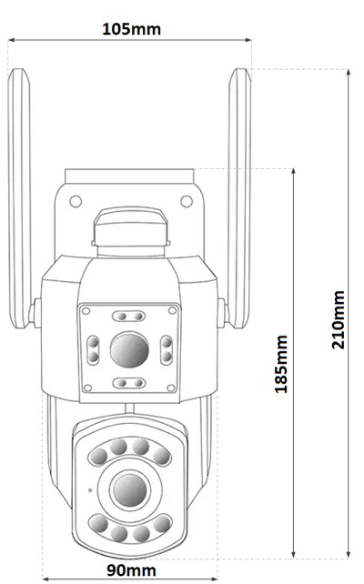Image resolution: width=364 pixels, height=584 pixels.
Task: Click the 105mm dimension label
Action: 132,29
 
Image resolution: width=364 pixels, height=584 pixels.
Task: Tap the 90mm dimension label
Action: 132,569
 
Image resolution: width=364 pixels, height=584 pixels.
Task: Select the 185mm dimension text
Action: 281,364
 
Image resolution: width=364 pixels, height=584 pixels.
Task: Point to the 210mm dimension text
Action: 339,319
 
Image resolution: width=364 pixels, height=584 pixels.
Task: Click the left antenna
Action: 19,198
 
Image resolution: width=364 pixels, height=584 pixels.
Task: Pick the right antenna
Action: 239,198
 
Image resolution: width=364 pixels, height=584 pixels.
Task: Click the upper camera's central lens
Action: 129,349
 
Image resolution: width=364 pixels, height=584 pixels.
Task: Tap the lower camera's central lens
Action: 130,490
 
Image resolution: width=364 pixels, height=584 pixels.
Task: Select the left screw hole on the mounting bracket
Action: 76,202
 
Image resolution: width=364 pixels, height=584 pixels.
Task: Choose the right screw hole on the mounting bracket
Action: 187,202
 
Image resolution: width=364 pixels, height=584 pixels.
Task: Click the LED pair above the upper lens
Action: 129,317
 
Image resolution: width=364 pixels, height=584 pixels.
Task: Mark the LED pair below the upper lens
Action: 129,383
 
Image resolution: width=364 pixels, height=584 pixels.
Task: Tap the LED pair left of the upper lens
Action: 93,349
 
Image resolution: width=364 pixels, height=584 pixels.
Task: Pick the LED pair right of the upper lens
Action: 167,349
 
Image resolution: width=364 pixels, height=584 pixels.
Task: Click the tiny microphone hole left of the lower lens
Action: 90,490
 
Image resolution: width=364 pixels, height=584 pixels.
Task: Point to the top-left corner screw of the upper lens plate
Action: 86,310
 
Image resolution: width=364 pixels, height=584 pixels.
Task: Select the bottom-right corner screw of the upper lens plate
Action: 171,388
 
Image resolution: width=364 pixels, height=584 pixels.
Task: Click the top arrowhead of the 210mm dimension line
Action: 349,72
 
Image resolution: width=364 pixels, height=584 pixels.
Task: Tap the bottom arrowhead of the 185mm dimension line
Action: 294,554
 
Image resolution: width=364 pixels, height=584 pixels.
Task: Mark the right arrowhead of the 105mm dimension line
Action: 248,39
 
